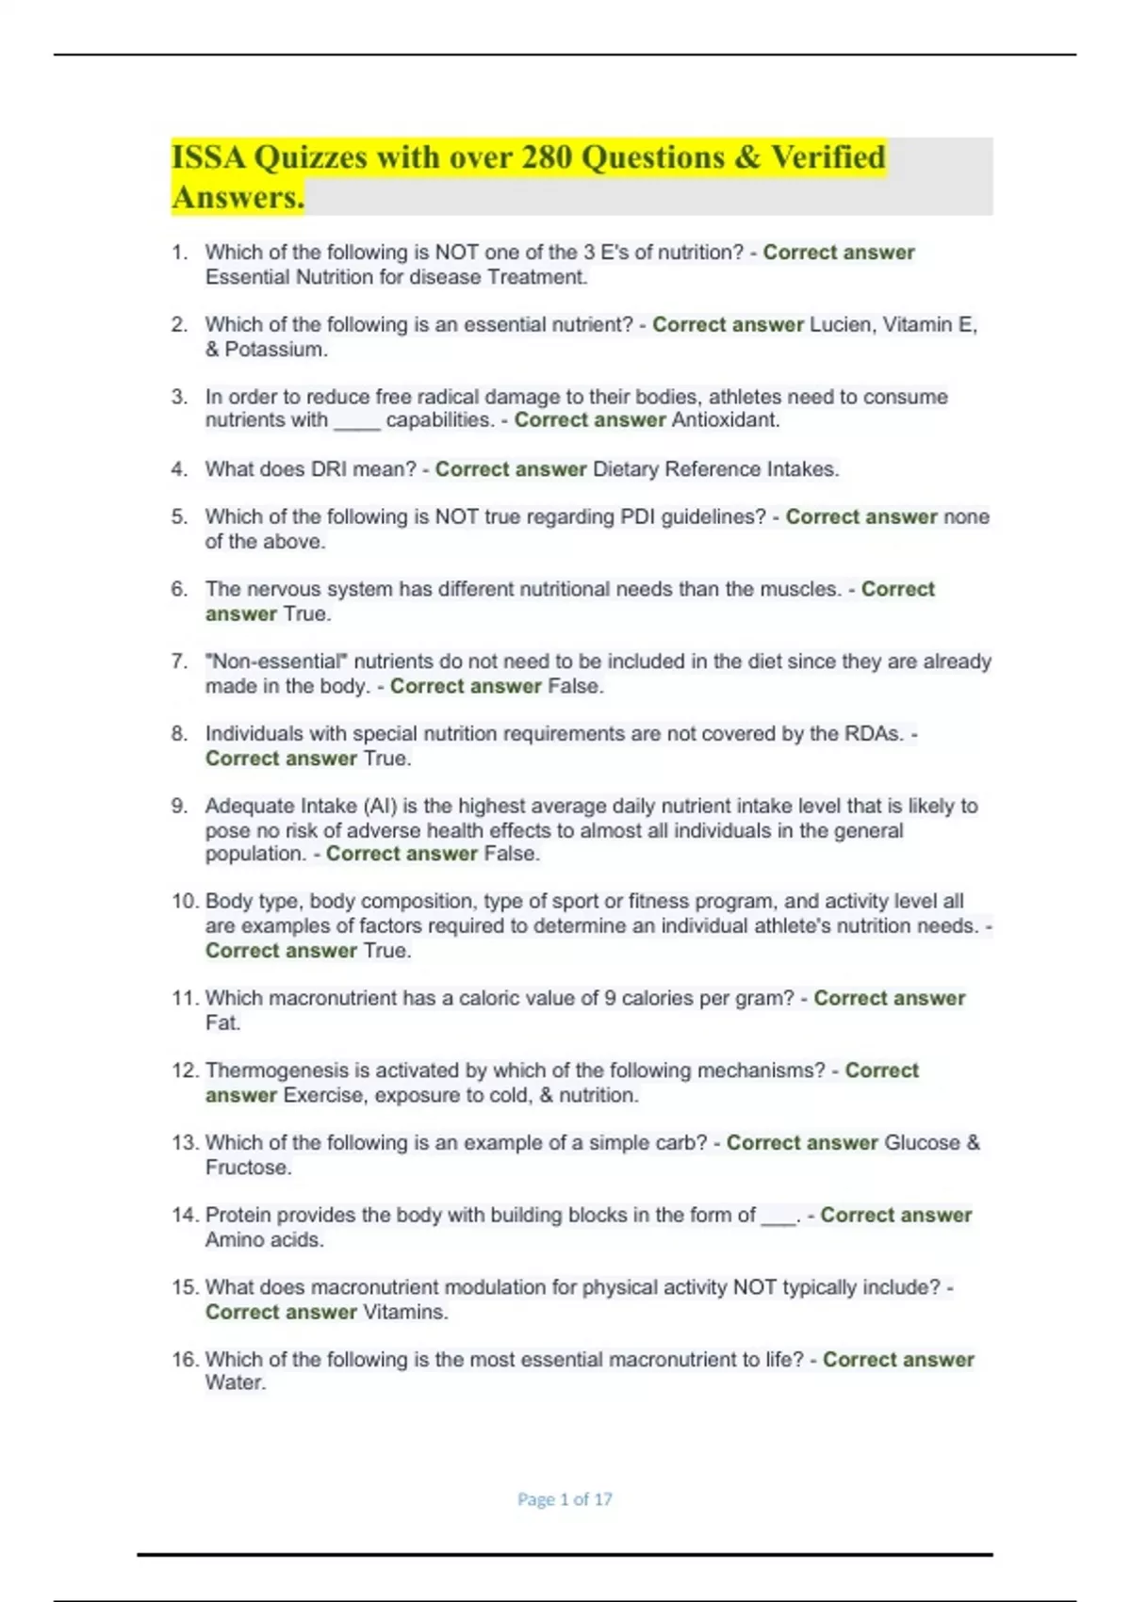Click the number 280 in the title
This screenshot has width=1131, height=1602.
[547, 157]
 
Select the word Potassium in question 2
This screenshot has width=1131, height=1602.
[275, 350]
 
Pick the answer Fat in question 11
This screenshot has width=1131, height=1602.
[221, 1023]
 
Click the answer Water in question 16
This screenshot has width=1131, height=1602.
[235, 1383]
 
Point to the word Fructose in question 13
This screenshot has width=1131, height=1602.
[247, 1168]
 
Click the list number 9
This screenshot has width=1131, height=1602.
[179, 806]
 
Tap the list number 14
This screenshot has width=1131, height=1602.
[184, 1215]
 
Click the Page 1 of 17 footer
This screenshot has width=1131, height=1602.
[565, 1499]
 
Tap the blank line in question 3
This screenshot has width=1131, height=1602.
[356, 422]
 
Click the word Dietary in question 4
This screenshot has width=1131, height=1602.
[626, 469]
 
